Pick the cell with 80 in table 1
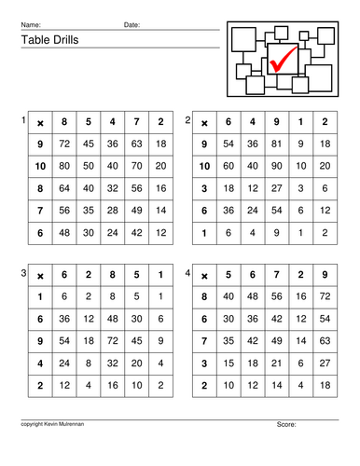[x=64, y=165]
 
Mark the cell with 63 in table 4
[x=324, y=340]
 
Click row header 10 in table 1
[x=40, y=165]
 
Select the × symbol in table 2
[x=204, y=122]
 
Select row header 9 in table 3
[x=40, y=340]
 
